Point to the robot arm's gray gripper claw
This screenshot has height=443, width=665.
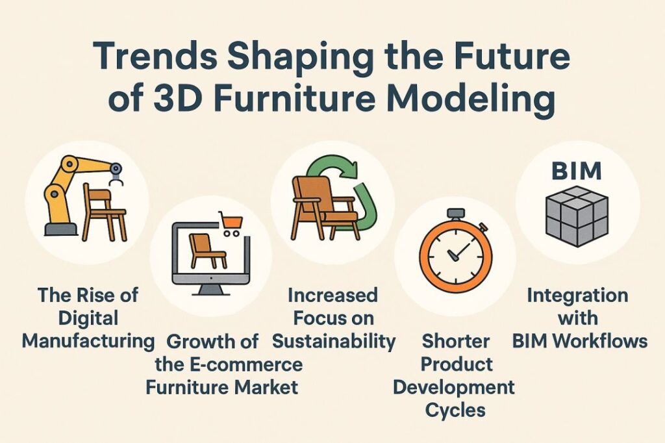(x=115, y=175)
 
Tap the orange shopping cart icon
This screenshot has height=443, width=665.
(x=231, y=223)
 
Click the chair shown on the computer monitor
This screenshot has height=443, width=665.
(x=202, y=250)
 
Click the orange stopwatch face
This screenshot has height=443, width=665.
(x=454, y=257)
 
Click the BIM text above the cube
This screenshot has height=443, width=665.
(x=576, y=171)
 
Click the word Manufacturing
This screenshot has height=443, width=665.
(x=87, y=340)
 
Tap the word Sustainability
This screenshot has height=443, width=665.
(x=334, y=340)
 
